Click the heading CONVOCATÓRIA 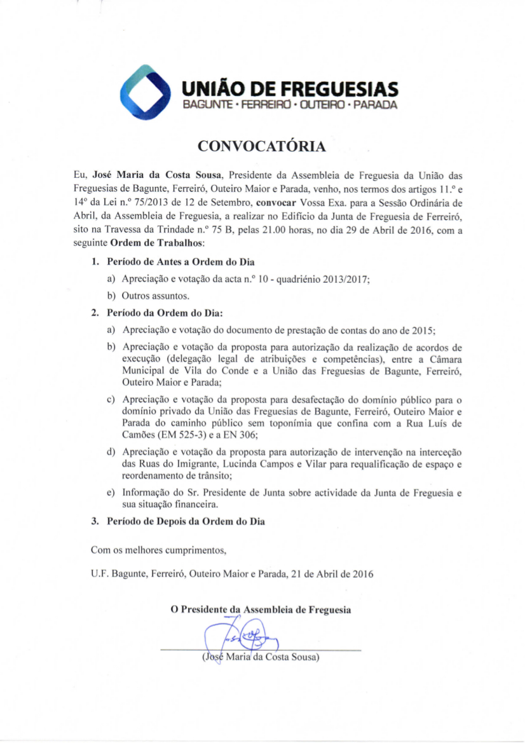click(x=262, y=147)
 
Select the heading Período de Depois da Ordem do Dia click(x=186, y=522)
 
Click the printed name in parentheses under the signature click(x=260, y=657)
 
